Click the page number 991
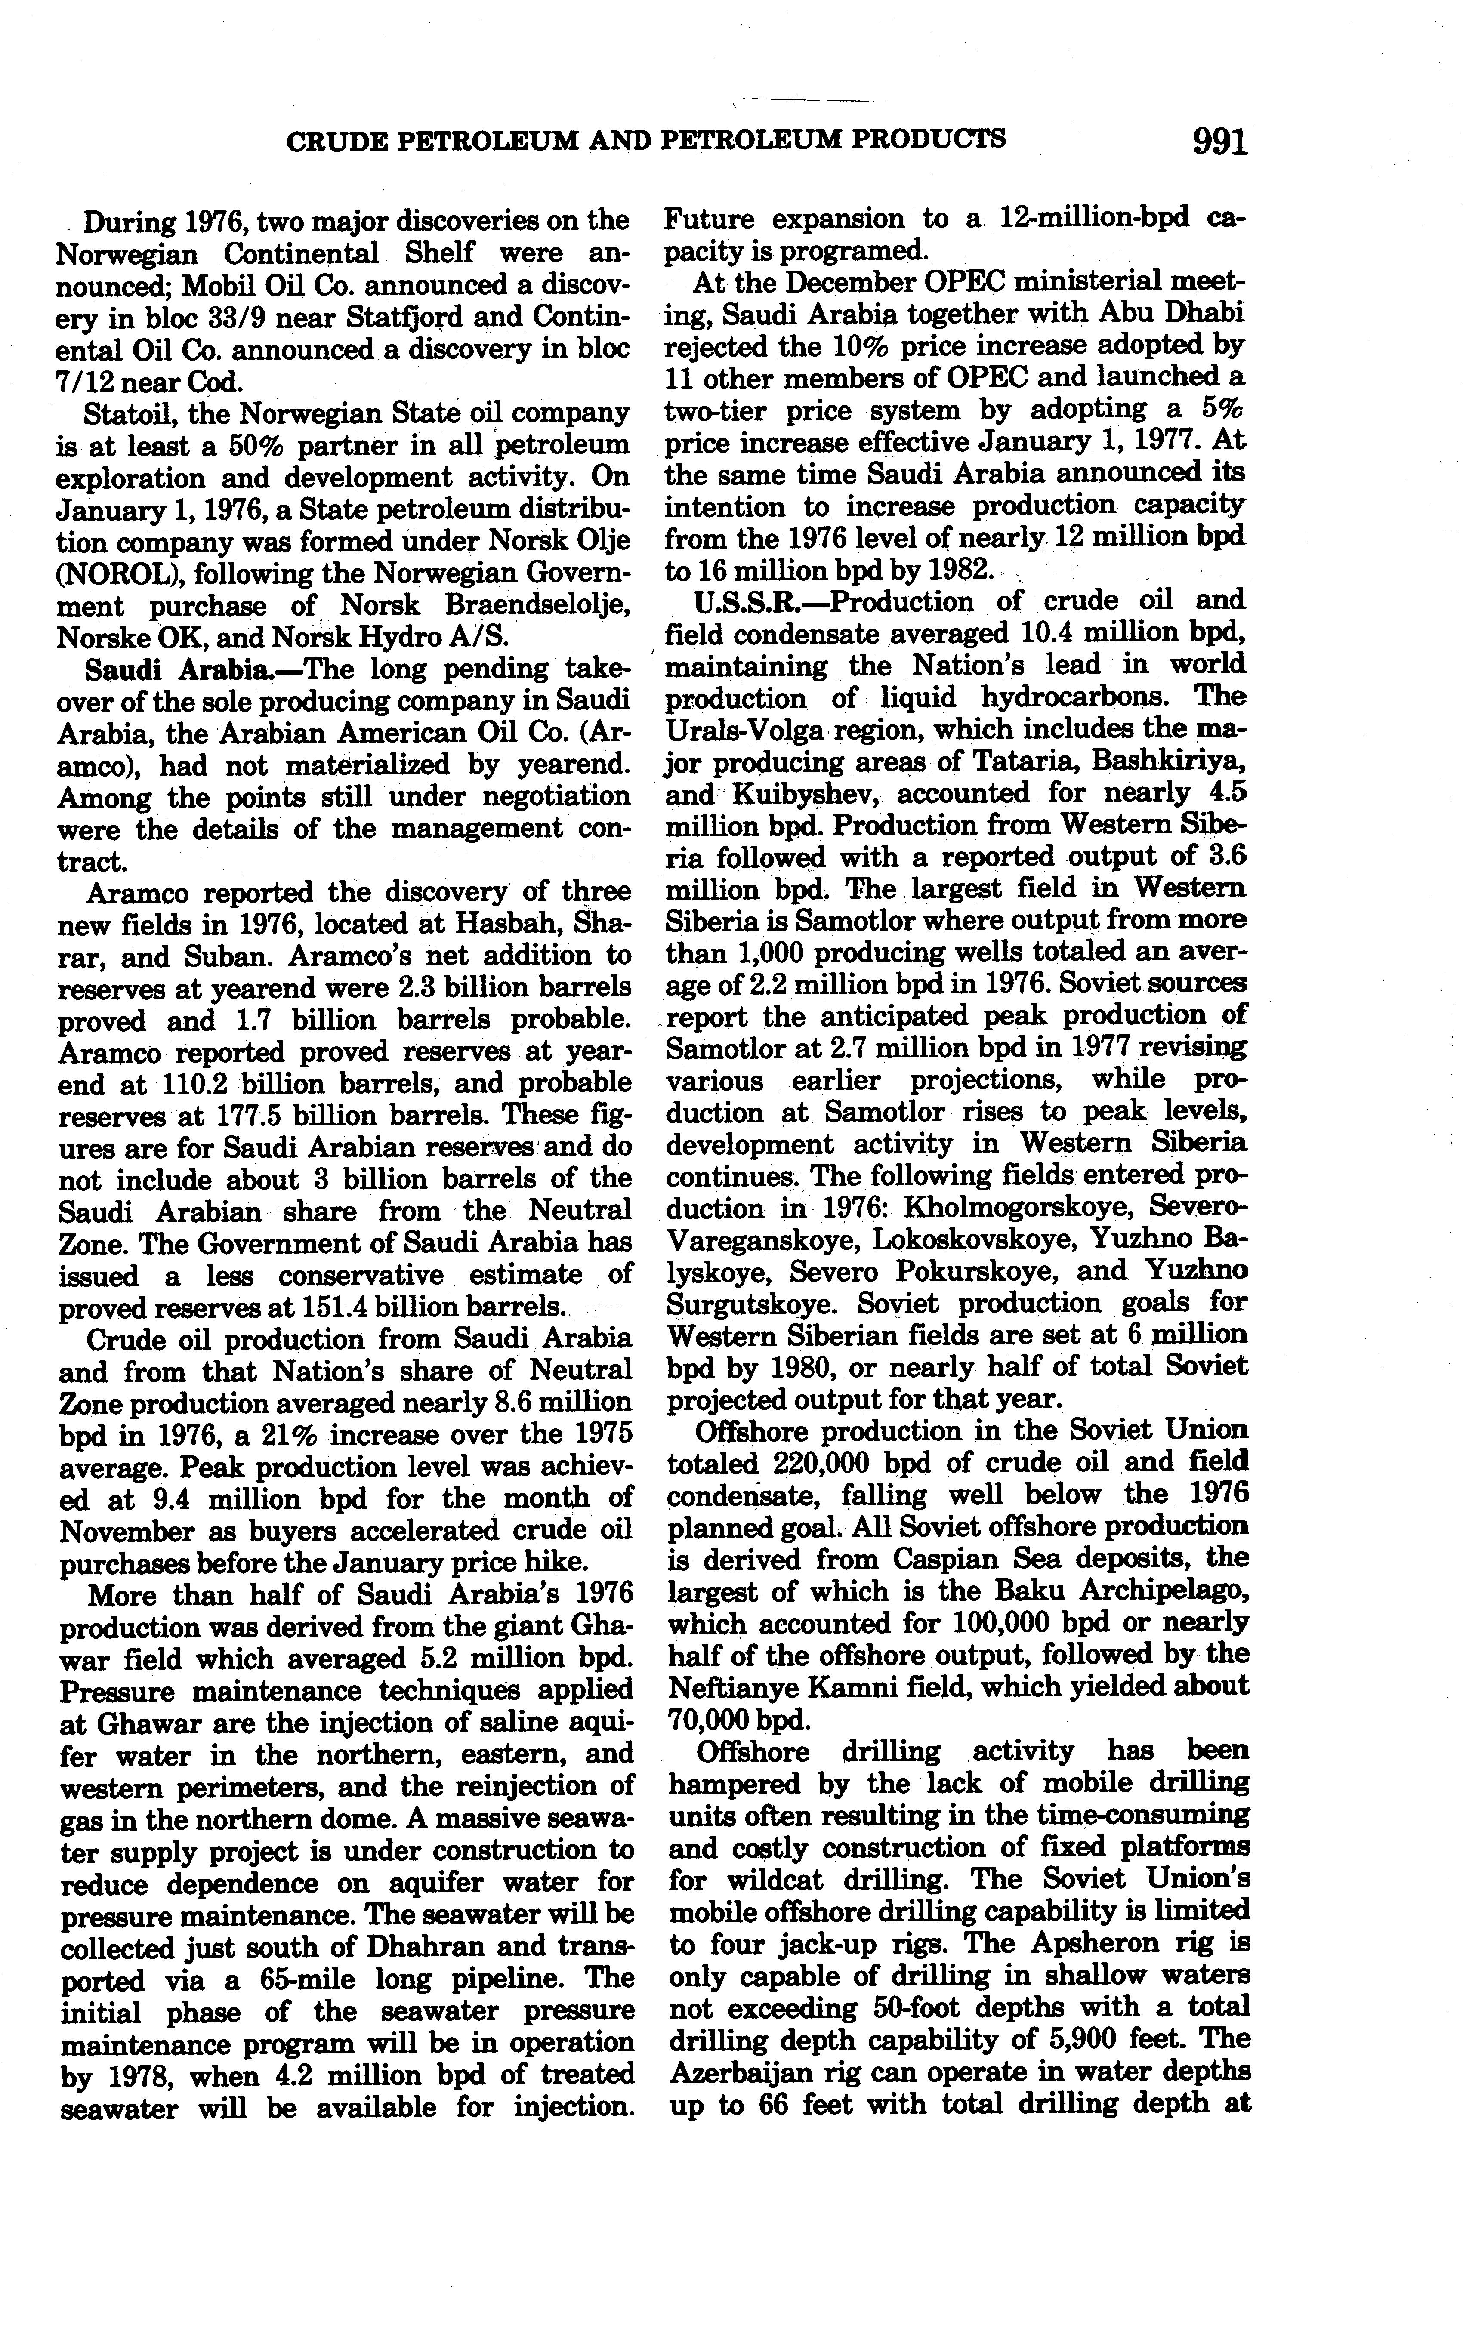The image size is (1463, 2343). click(1219, 142)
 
